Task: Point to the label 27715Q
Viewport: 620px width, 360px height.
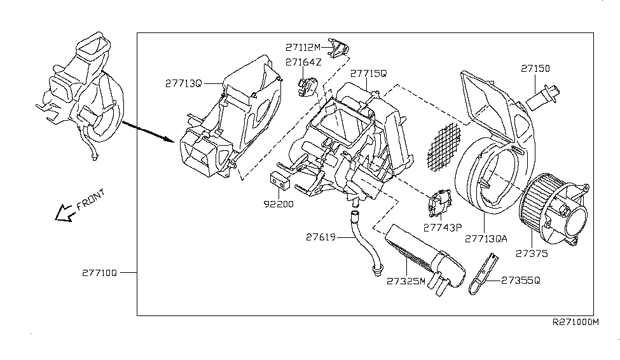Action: pos(368,74)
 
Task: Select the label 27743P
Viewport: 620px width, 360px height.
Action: pos(443,226)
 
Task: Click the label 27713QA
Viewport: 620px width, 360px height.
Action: pos(486,239)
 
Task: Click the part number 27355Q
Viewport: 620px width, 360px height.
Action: pos(521,280)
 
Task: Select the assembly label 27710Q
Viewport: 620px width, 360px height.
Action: pos(99,272)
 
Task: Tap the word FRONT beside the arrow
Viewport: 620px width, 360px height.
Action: pos(90,199)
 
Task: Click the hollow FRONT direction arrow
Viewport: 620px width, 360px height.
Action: pos(64,212)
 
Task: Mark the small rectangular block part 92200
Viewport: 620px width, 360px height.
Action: pos(280,180)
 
